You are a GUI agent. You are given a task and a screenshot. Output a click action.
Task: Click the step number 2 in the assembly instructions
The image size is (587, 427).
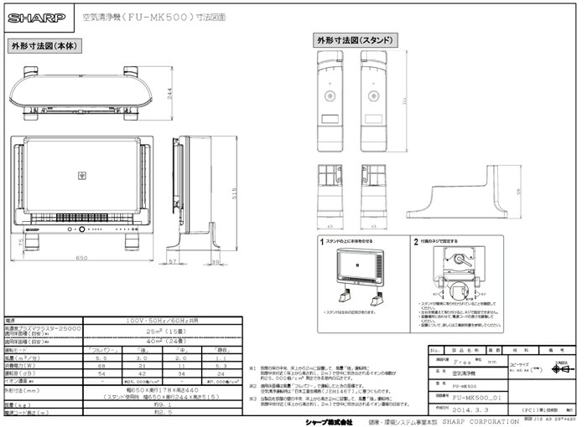tap(416, 240)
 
